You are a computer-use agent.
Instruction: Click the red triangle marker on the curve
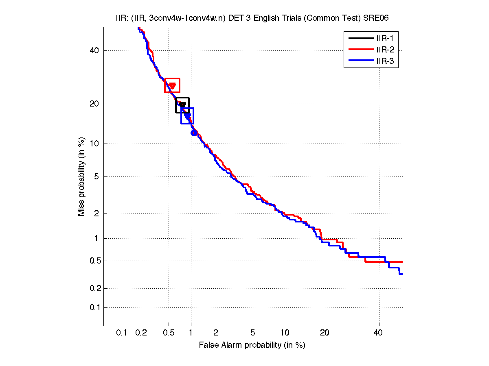point(172,86)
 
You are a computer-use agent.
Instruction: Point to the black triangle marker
point(183,105)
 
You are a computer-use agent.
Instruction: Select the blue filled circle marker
point(194,133)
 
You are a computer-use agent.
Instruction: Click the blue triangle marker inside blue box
point(188,116)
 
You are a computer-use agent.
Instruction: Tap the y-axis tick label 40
point(94,51)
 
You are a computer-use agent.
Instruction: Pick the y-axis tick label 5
point(96,177)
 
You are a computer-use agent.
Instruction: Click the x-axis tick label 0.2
point(141,333)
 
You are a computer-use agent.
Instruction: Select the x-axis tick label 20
point(324,333)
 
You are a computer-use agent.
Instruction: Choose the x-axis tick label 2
point(216,333)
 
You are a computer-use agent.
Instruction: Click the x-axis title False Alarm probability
point(252,345)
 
